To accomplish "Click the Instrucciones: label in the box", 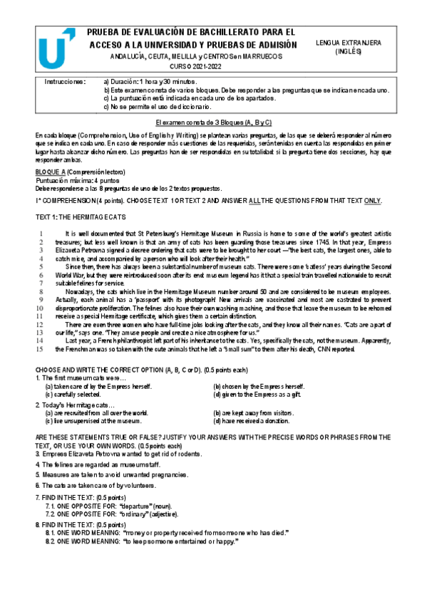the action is click(x=65, y=82).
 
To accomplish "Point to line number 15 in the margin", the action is click(x=41, y=349).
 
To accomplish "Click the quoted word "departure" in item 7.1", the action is click(x=136, y=504).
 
